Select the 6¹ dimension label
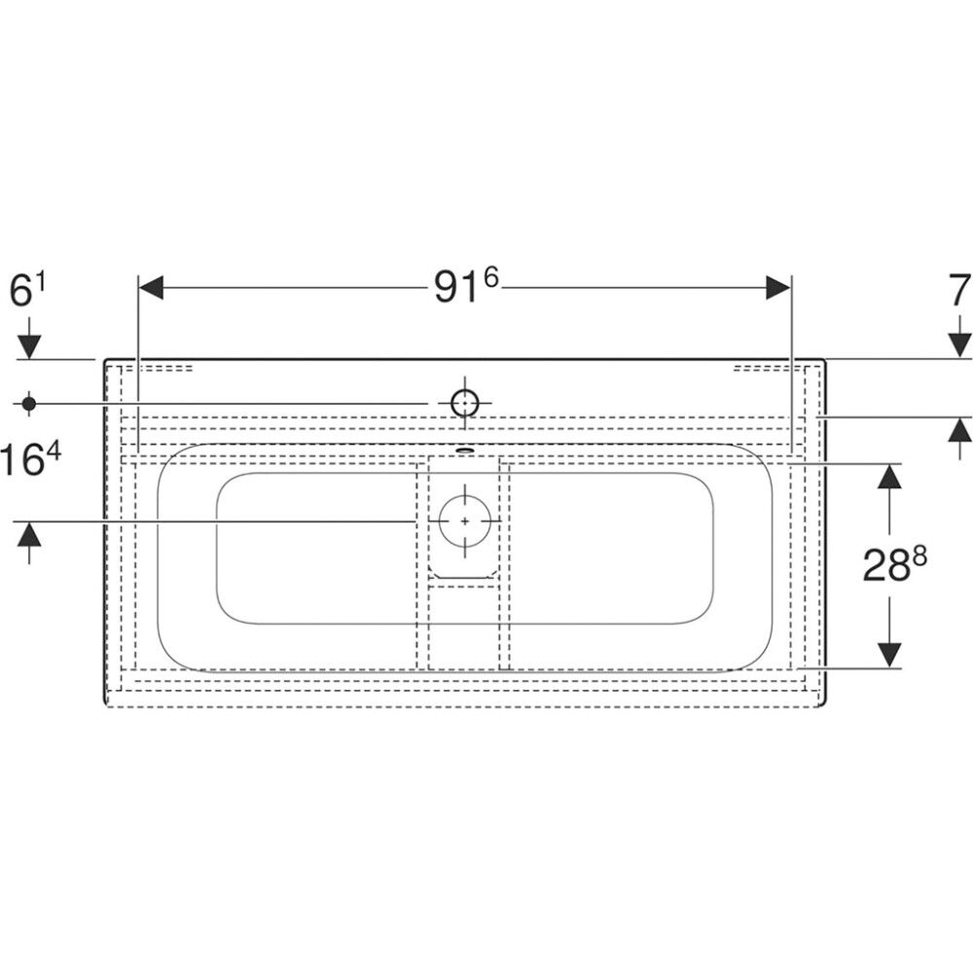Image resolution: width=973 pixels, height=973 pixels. [x=28, y=291]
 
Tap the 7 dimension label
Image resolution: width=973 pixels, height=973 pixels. [x=959, y=291]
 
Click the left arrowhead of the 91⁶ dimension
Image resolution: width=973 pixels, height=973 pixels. [x=151, y=287]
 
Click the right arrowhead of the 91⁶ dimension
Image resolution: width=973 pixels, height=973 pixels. [x=779, y=287]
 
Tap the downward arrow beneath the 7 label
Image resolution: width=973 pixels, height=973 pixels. [x=959, y=343]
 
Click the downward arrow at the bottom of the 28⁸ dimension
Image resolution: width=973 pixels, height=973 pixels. [x=889, y=655]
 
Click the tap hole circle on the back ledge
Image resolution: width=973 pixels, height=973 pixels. [x=465, y=402]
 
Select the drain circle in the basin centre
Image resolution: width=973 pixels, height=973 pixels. [x=465, y=521]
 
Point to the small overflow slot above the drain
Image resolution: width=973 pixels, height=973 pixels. [x=465, y=450]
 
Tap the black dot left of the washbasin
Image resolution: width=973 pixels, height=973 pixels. [x=28, y=402]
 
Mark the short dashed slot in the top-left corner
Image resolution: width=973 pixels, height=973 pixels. [x=166, y=369]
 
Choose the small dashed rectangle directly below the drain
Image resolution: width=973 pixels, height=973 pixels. [x=464, y=582]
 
